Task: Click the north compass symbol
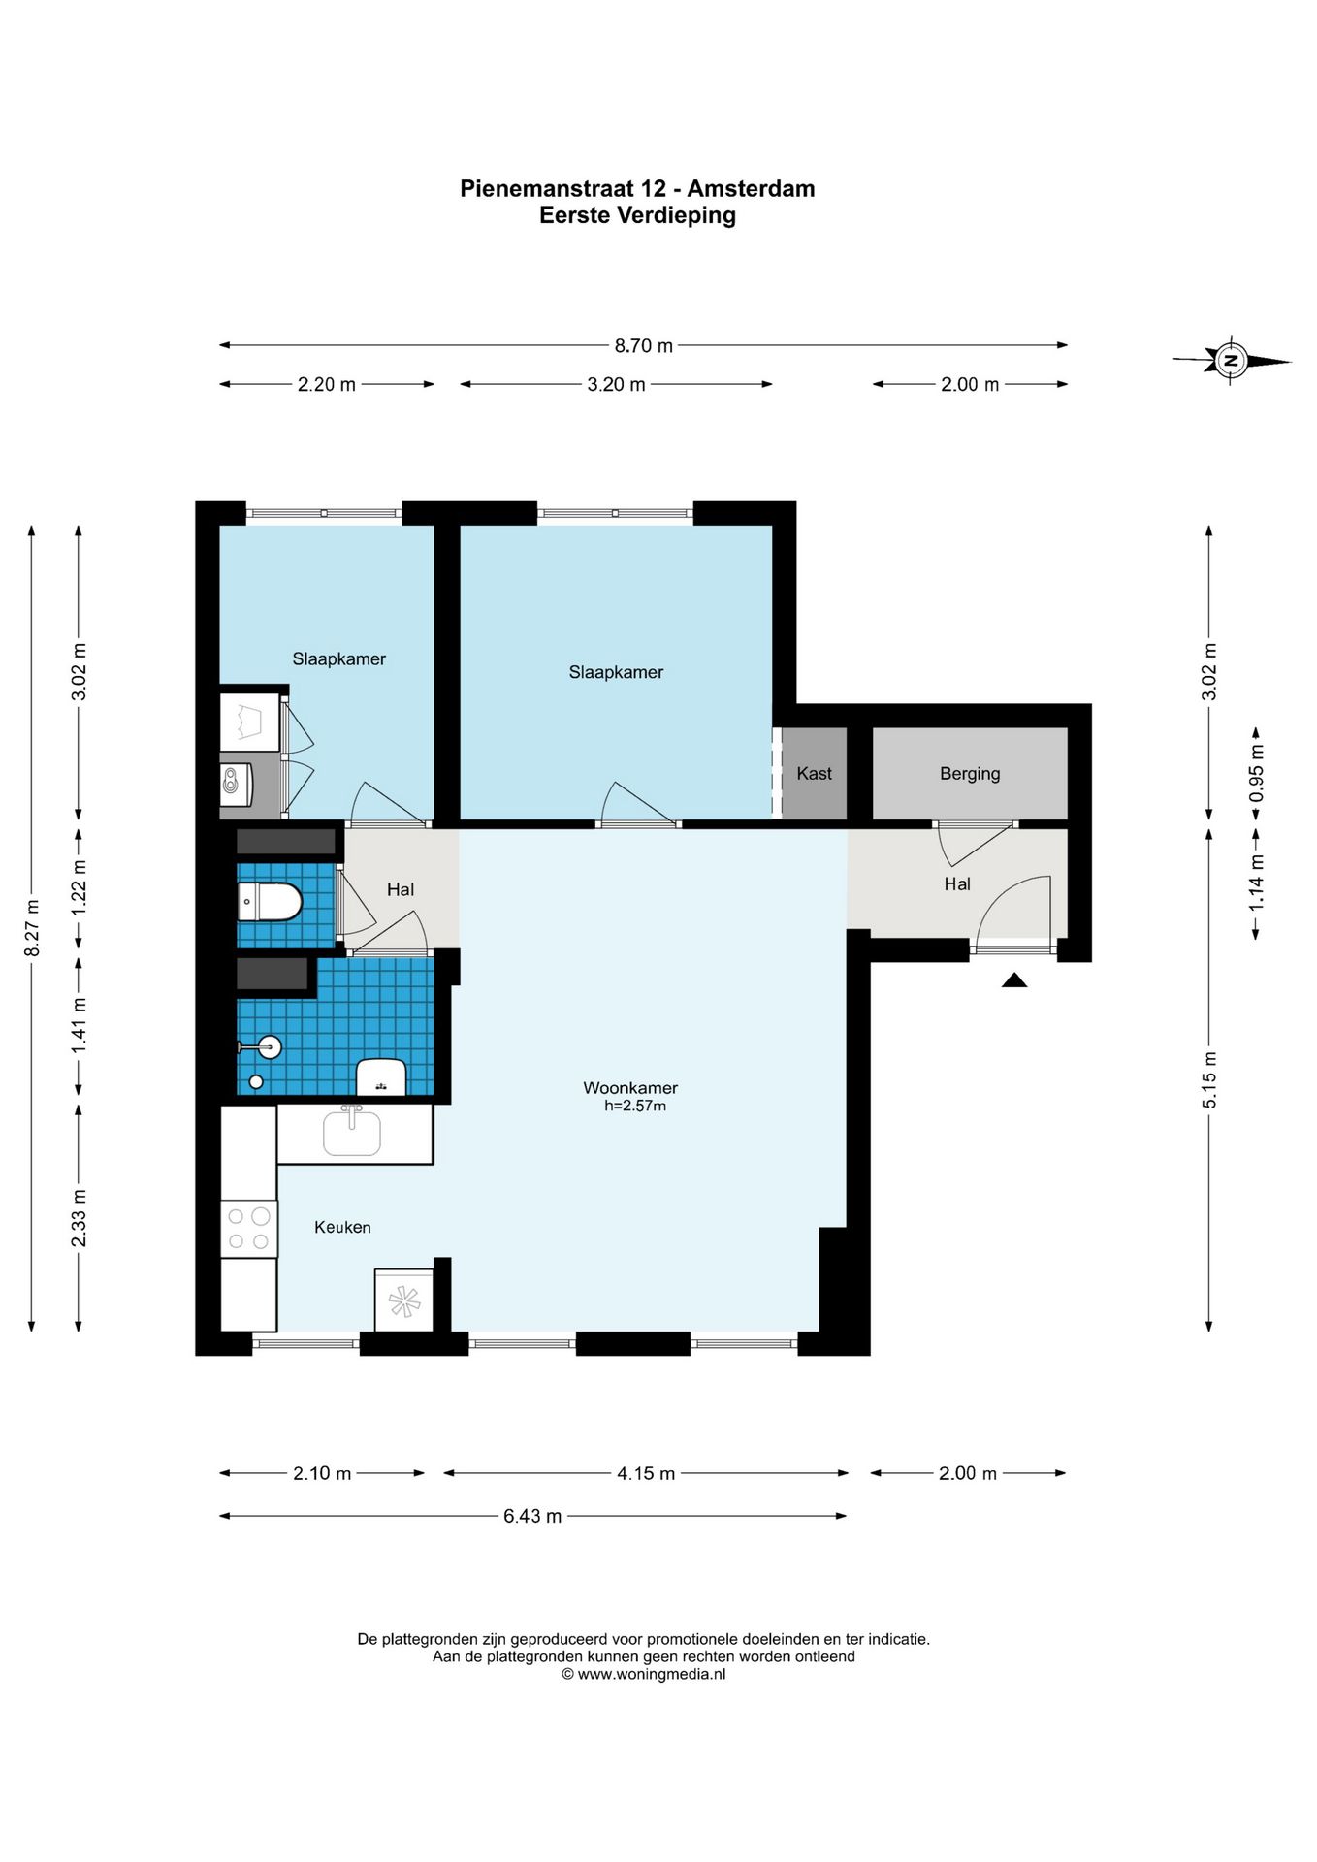pyautogui.click(x=1232, y=361)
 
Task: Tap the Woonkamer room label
pyautogui.click(x=630, y=1088)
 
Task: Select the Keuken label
pyautogui.click(x=342, y=1227)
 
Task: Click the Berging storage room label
pyautogui.click(x=970, y=774)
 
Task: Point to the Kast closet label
pyautogui.click(x=815, y=773)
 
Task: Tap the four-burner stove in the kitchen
pyautogui.click(x=249, y=1229)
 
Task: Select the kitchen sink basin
pyautogui.click(x=352, y=1132)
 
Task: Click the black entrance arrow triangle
pyautogui.click(x=1014, y=980)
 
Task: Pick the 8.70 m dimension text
pyautogui.click(x=644, y=346)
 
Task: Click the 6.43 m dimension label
pyautogui.click(x=532, y=1516)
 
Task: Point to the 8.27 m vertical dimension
pyautogui.click(x=32, y=928)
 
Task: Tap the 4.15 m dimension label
pyautogui.click(x=646, y=1473)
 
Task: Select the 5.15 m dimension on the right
pyautogui.click(x=1209, y=1079)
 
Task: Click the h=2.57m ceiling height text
pyautogui.click(x=635, y=1106)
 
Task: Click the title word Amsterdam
pyautogui.click(x=752, y=189)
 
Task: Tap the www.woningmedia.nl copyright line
pyautogui.click(x=643, y=1674)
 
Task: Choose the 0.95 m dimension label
pyautogui.click(x=1256, y=772)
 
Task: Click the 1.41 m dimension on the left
pyautogui.click(x=79, y=1026)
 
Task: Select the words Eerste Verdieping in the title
pyautogui.click(x=637, y=215)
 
